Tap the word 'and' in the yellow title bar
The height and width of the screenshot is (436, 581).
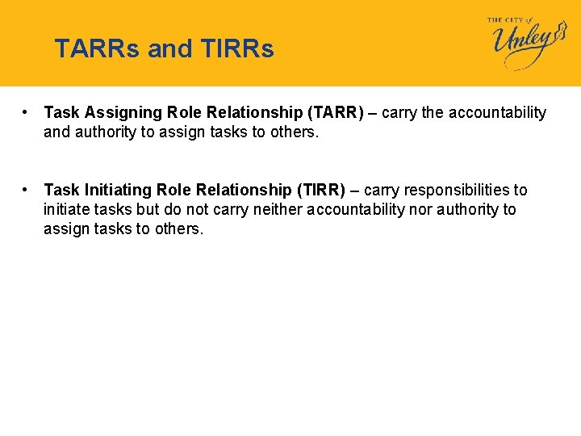(x=170, y=49)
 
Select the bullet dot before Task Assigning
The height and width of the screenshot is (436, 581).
(x=27, y=112)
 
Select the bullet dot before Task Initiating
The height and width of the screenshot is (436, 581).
(x=27, y=190)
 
